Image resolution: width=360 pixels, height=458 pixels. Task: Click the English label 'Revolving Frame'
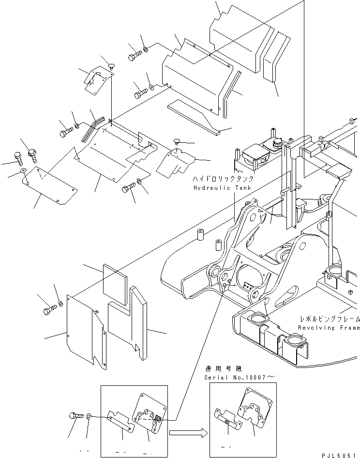click(x=329, y=328)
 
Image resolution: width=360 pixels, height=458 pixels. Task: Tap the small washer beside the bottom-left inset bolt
click(x=90, y=415)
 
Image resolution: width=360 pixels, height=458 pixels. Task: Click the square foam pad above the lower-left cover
click(x=115, y=279)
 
